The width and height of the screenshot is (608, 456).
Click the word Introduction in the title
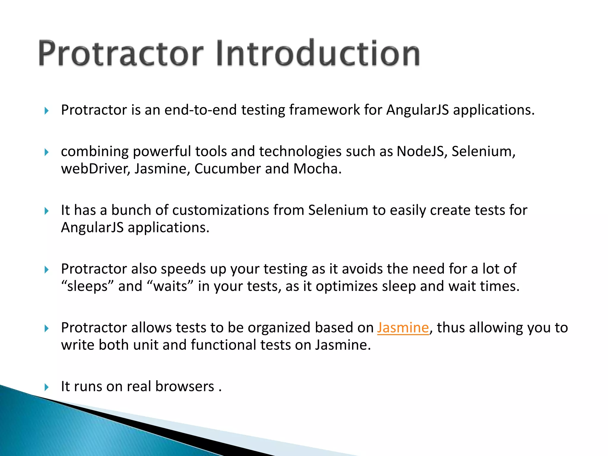(318, 53)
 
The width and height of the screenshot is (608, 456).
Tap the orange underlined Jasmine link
(403, 328)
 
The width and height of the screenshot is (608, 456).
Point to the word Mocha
(317, 169)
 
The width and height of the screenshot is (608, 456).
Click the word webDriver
(95, 169)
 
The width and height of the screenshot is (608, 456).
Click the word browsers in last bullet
(185, 387)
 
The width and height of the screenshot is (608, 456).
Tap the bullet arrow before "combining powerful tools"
(46, 152)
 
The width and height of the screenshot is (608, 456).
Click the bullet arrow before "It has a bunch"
(46, 211)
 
